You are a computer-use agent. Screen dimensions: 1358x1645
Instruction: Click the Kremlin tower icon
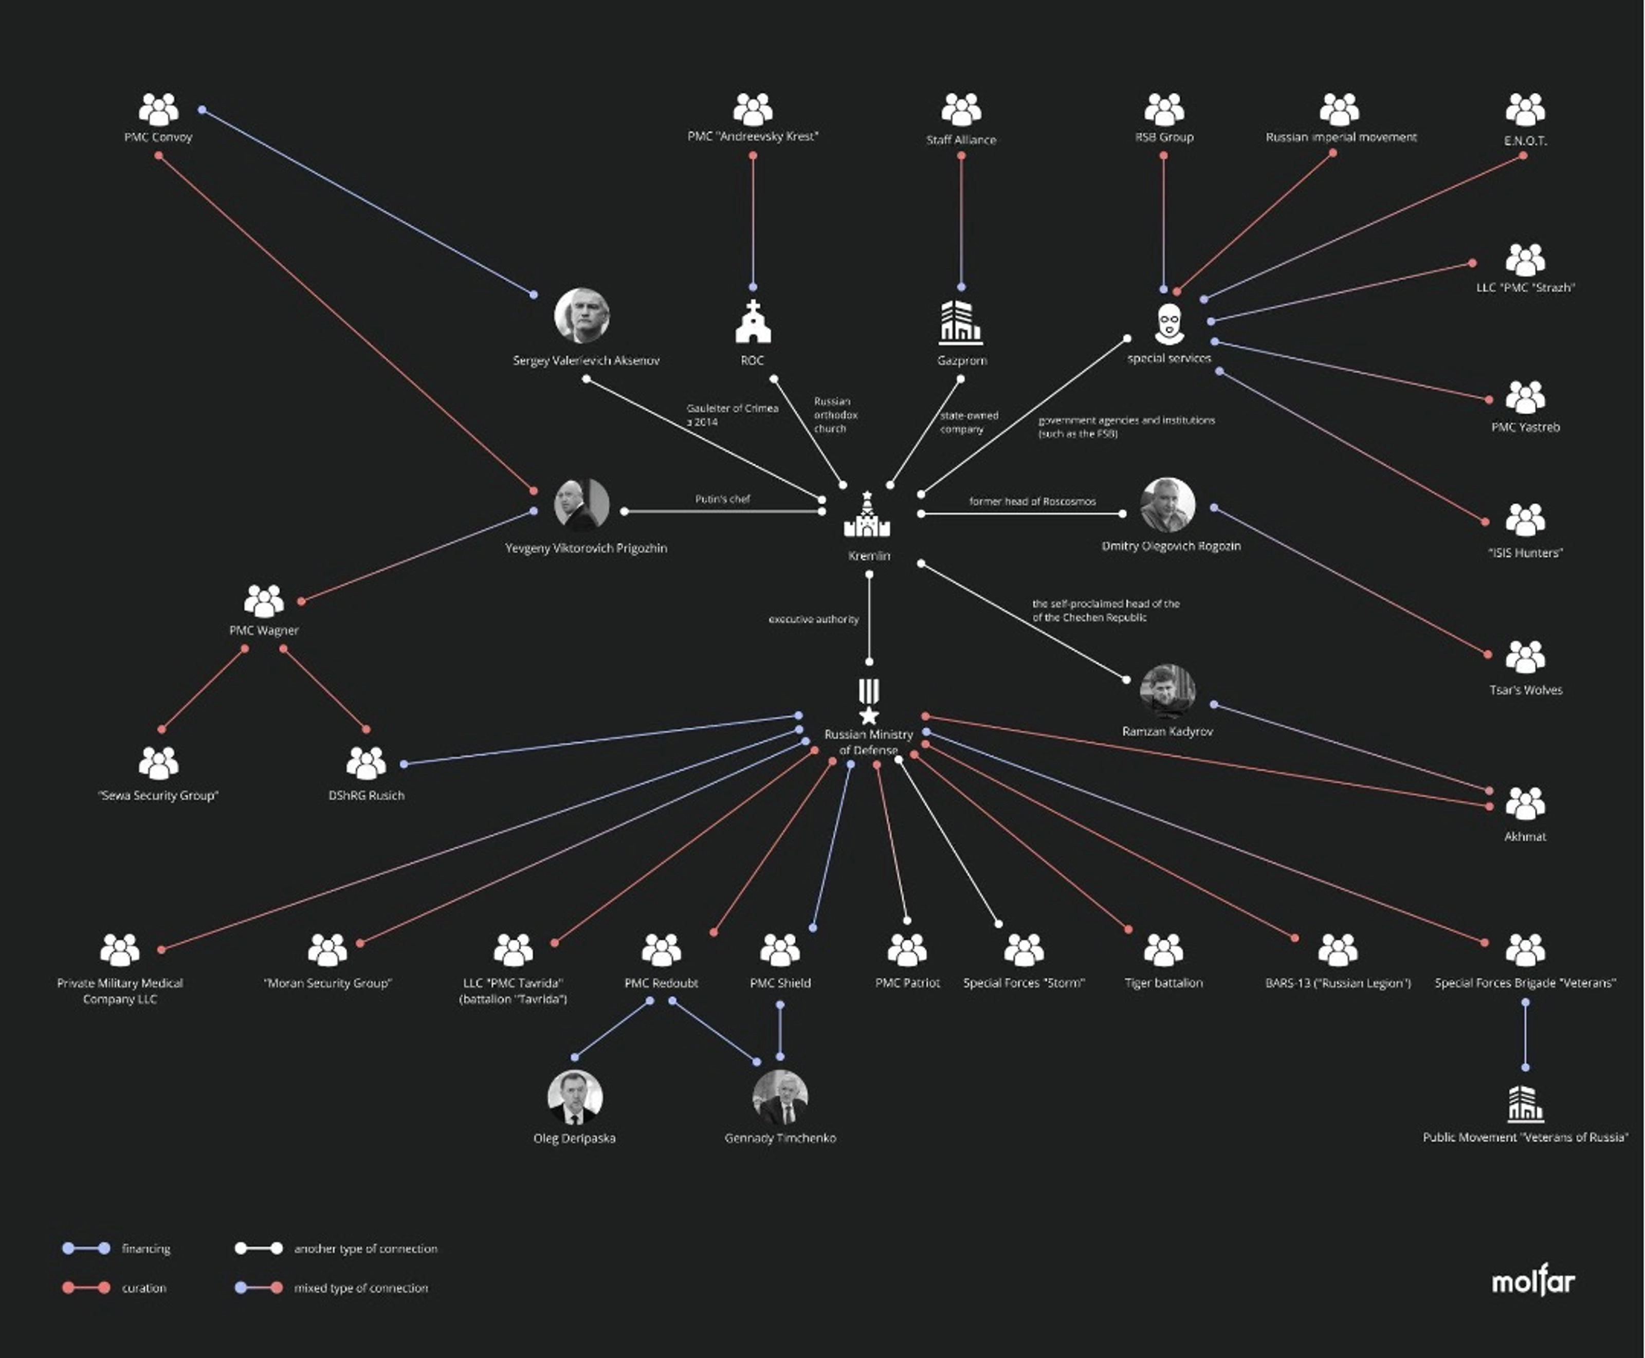coord(867,516)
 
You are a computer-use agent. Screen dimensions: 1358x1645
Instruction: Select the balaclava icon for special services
coord(1168,324)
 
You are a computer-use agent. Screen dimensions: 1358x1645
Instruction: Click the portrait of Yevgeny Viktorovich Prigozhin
coord(581,505)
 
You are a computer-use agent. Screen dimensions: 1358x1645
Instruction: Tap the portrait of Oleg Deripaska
coord(574,1097)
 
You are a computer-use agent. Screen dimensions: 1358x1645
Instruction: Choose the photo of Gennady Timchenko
coord(780,1097)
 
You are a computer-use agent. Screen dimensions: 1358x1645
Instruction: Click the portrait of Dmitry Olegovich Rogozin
coord(1167,505)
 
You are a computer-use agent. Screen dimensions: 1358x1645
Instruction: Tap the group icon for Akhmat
coord(1525,803)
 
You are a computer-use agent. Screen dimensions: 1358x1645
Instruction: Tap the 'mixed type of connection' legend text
coord(360,1288)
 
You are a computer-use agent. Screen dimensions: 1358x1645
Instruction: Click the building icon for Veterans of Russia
coord(1525,1103)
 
